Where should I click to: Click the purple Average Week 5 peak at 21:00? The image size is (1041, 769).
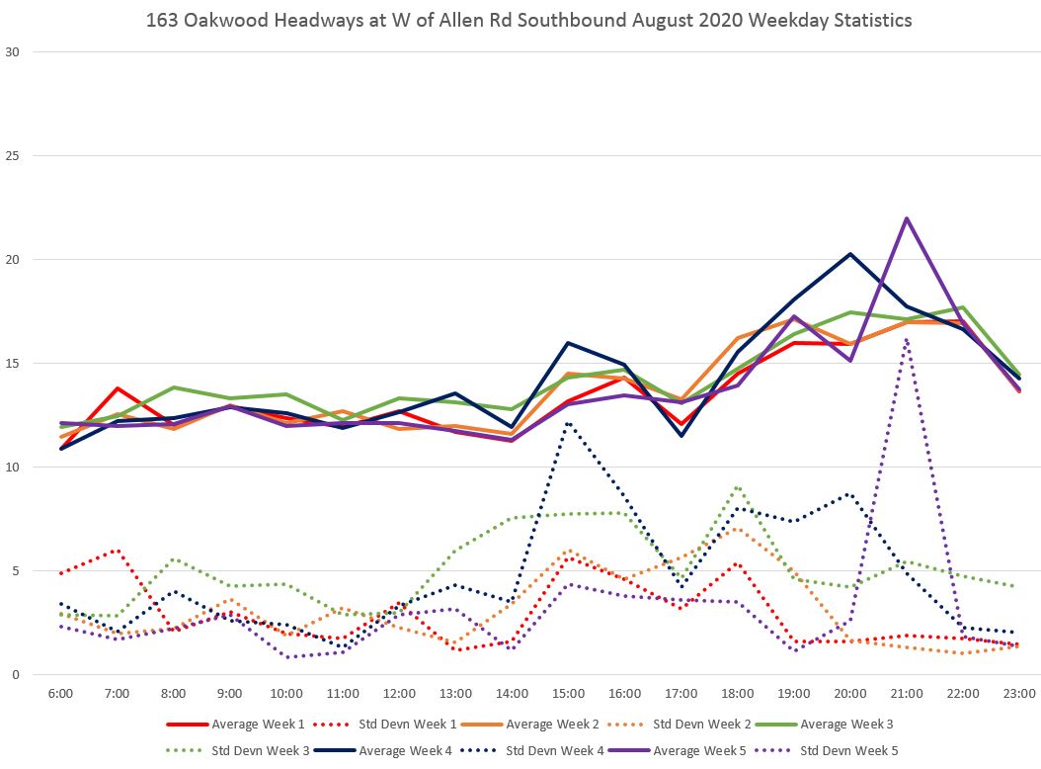pos(907,218)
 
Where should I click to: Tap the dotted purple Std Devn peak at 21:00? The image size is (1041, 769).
pos(907,339)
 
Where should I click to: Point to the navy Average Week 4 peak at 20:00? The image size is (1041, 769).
pos(850,254)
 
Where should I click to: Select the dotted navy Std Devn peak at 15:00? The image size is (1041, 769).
pos(568,423)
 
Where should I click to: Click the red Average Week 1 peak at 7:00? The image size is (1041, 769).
pos(118,388)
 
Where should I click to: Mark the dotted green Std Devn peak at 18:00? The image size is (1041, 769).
pos(738,487)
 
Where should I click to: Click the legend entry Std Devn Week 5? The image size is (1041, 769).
pos(847,750)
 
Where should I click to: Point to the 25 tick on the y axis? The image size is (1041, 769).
pos(13,156)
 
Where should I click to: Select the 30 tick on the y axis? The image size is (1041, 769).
pos(13,52)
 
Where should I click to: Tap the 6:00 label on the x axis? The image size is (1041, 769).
pos(60,695)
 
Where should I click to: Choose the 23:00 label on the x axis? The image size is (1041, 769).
pos(1019,695)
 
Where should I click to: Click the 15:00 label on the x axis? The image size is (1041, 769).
pos(568,695)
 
